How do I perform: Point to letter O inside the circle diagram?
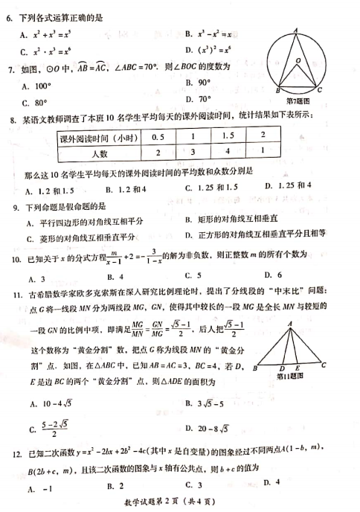tap(298, 60)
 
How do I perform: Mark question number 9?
tap(10, 205)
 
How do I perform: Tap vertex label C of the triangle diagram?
tap(324, 366)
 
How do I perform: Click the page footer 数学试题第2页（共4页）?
tap(177, 505)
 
